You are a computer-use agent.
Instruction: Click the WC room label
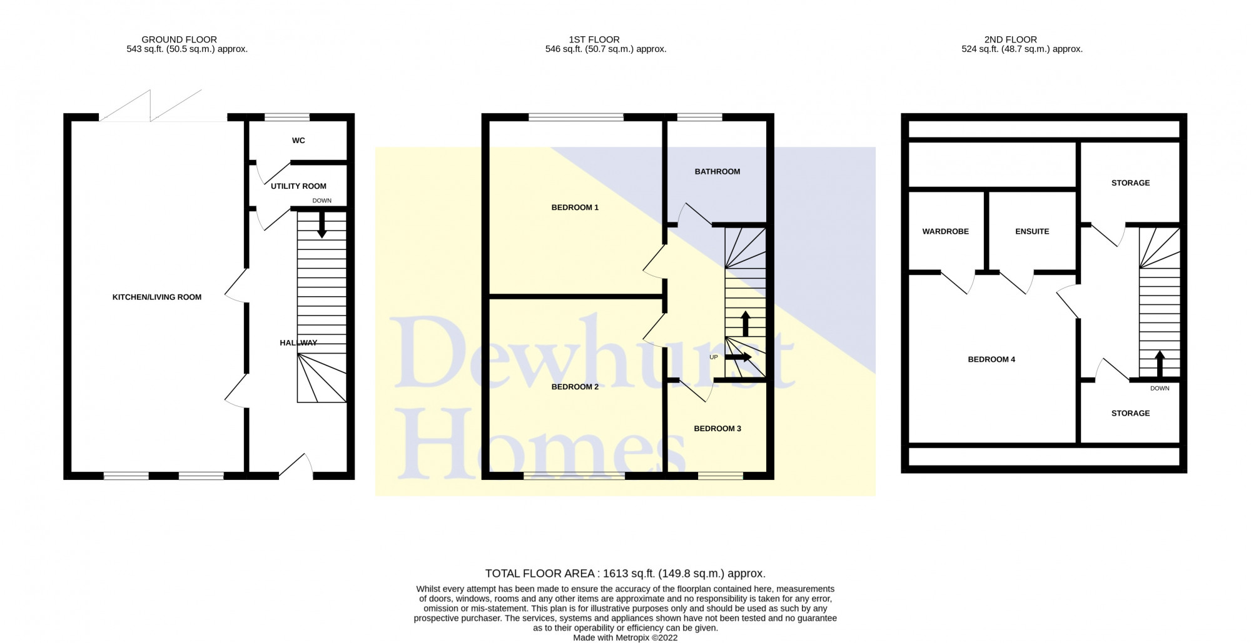coord(298,141)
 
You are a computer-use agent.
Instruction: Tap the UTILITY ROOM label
coord(298,186)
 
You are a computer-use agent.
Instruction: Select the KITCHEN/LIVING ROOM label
coord(157,297)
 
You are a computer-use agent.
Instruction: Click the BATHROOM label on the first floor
coord(717,172)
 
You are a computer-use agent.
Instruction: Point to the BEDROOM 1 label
coord(575,207)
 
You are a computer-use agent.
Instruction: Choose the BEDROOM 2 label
coord(575,387)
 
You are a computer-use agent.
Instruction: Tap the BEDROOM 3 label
coord(717,429)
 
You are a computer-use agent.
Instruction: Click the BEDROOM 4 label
coord(991,359)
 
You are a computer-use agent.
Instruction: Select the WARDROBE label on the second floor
coord(945,232)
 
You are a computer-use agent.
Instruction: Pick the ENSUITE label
coord(1032,232)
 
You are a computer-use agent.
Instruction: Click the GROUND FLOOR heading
coord(179,39)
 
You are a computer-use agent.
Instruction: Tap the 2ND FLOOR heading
coord(1010,39)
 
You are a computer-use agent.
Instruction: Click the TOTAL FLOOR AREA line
coord(625,574)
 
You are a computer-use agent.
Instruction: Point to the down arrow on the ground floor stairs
coord(322,225)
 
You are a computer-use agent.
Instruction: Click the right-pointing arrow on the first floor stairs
coord(739,357)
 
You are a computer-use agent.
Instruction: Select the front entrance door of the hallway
coord(296,467)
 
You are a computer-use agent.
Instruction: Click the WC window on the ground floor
coord(287,117)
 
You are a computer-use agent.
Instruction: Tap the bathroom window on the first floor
coord(699,117)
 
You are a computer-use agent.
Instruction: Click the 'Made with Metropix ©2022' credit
coord(625,638)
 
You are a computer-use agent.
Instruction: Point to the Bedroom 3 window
coord(721,476)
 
